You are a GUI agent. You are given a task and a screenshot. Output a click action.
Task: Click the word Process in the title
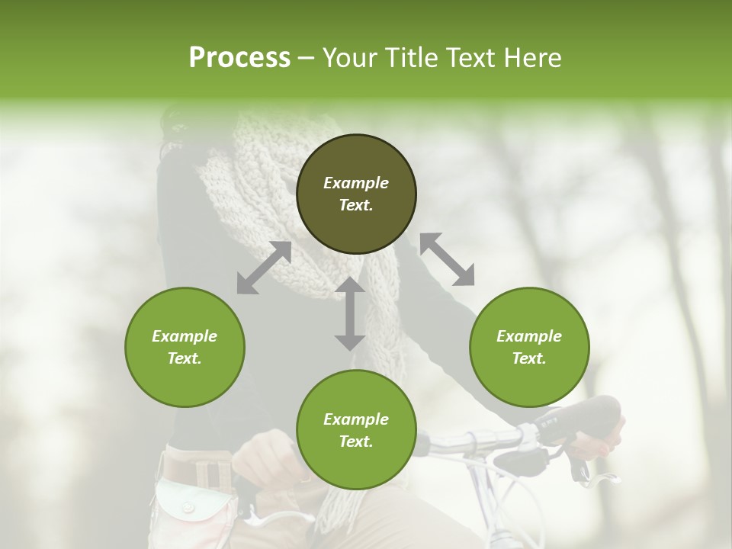(x=239, y=58)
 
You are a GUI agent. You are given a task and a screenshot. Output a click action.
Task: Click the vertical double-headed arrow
(x=350, y=313)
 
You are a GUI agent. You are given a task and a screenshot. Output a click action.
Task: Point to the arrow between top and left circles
(x=264, y=268)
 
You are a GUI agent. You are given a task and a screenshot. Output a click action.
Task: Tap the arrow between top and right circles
(x=447, y=259)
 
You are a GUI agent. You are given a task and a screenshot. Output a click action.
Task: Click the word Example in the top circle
(x=356, y=183)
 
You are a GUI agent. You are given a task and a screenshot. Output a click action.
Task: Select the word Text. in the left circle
(x=185, y=358)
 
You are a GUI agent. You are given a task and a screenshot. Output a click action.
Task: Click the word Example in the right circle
(x=529, y=336)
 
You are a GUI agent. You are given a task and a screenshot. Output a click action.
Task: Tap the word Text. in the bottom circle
(x=356, y=441)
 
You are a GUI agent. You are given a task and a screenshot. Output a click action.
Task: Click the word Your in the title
(x=346, y=58)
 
